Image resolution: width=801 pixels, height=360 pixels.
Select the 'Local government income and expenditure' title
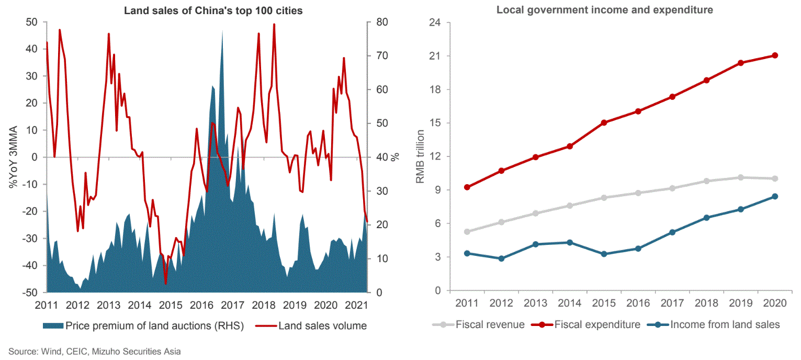pos(605,10)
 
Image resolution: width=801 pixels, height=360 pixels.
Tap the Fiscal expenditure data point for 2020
pos(775,55)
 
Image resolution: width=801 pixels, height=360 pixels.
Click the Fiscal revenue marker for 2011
pos(467,232)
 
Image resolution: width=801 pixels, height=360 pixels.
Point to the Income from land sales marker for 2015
pos(604,254)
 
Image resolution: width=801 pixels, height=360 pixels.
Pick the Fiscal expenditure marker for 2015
pos(604,122)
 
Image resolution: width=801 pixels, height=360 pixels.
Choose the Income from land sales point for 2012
pos(501,258)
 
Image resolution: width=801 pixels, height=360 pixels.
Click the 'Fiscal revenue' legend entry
pos(478,324)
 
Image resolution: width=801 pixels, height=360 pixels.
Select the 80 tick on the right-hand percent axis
pos(383,22)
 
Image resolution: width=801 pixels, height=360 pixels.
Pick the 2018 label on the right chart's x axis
pos(707,303)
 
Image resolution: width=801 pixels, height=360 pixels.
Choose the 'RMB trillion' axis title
pos(420,157)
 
